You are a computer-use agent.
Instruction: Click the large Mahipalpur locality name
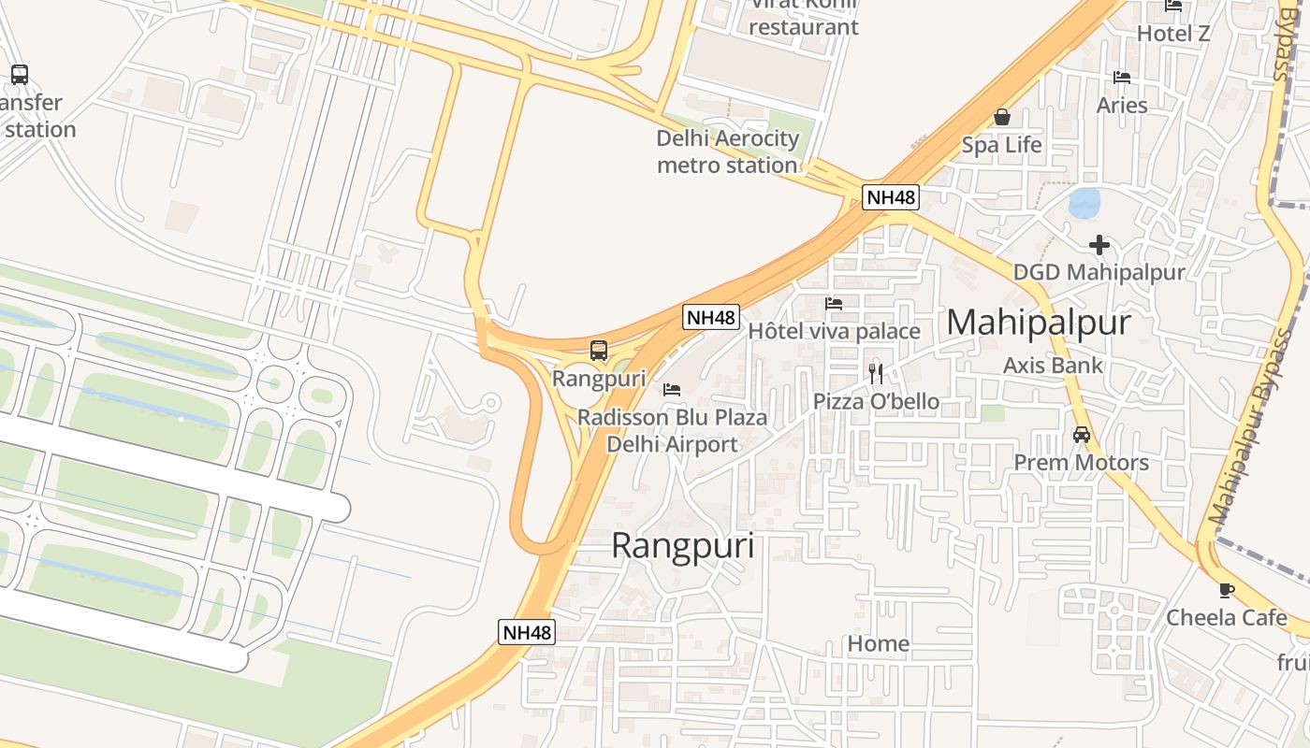click(1039, 323)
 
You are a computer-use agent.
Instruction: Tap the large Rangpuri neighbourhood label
click(682, 546)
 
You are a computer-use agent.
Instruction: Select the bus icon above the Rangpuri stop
click(599, 352)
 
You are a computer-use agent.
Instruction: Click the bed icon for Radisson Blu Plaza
click(672, 389)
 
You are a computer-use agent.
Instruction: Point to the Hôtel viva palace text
click(834, 331)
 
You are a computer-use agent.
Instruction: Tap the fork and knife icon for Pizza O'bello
click(876, 374)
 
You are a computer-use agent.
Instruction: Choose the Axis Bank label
click(1053, 365)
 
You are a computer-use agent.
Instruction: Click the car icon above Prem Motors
click(1082, 435)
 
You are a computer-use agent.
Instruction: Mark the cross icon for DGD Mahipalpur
click(1099, 245)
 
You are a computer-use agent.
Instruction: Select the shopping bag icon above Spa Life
click(1002, 117)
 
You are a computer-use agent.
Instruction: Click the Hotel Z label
click(1173, 34)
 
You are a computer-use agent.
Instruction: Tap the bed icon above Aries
click(1122, 78)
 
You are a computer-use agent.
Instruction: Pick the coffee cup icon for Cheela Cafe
click(1226, 590)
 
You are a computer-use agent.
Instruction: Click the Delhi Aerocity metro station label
click(728, 152)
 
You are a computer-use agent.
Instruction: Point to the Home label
click(878, 643)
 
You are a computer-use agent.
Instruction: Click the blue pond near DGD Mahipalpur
click(1084, 203)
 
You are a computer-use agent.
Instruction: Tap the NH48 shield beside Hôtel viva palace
click(711, 317)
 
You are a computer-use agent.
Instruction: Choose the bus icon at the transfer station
click(19, 75)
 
